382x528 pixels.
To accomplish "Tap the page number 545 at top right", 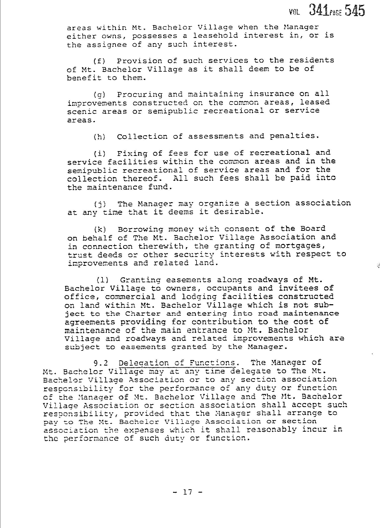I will click(x=355, y=11).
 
